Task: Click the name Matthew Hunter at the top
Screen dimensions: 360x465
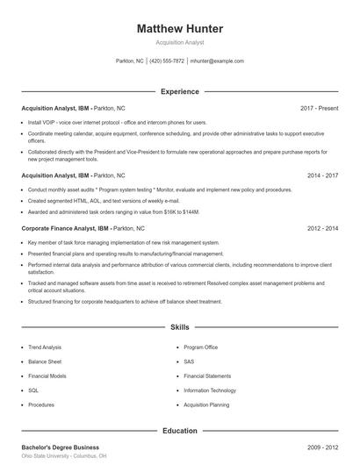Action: [180, 29]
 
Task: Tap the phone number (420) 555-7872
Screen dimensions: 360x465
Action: [167, 61]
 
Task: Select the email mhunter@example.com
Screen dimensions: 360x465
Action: [217, 61]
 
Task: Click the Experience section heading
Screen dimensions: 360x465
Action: [180, 91]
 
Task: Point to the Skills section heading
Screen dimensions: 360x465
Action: [180, 327]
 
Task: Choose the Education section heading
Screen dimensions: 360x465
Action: [180, 431]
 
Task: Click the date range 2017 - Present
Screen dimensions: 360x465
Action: [319, 108]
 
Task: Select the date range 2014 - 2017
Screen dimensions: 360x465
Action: [322, 175]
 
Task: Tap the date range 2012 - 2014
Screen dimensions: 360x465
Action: [322, 228]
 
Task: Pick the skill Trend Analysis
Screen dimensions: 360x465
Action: [45, 347]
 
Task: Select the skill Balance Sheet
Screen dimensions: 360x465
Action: [44, 361]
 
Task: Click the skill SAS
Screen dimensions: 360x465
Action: [189, 361]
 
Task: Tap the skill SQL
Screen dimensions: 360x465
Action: [33, 390]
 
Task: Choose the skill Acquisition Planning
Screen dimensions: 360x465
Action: [206, 405]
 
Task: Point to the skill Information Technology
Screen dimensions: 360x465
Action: [210, 390]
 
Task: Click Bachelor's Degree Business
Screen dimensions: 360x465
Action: [60, 447]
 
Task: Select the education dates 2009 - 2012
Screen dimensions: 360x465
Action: [322, 447]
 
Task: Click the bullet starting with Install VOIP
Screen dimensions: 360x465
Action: [117, 122]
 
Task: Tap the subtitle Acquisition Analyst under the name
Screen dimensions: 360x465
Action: [180, 42]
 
